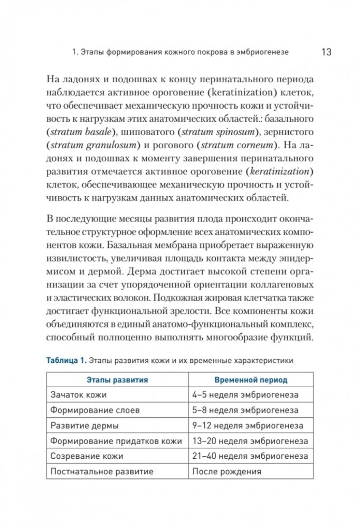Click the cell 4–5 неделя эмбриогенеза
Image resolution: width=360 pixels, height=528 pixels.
[245, 395]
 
